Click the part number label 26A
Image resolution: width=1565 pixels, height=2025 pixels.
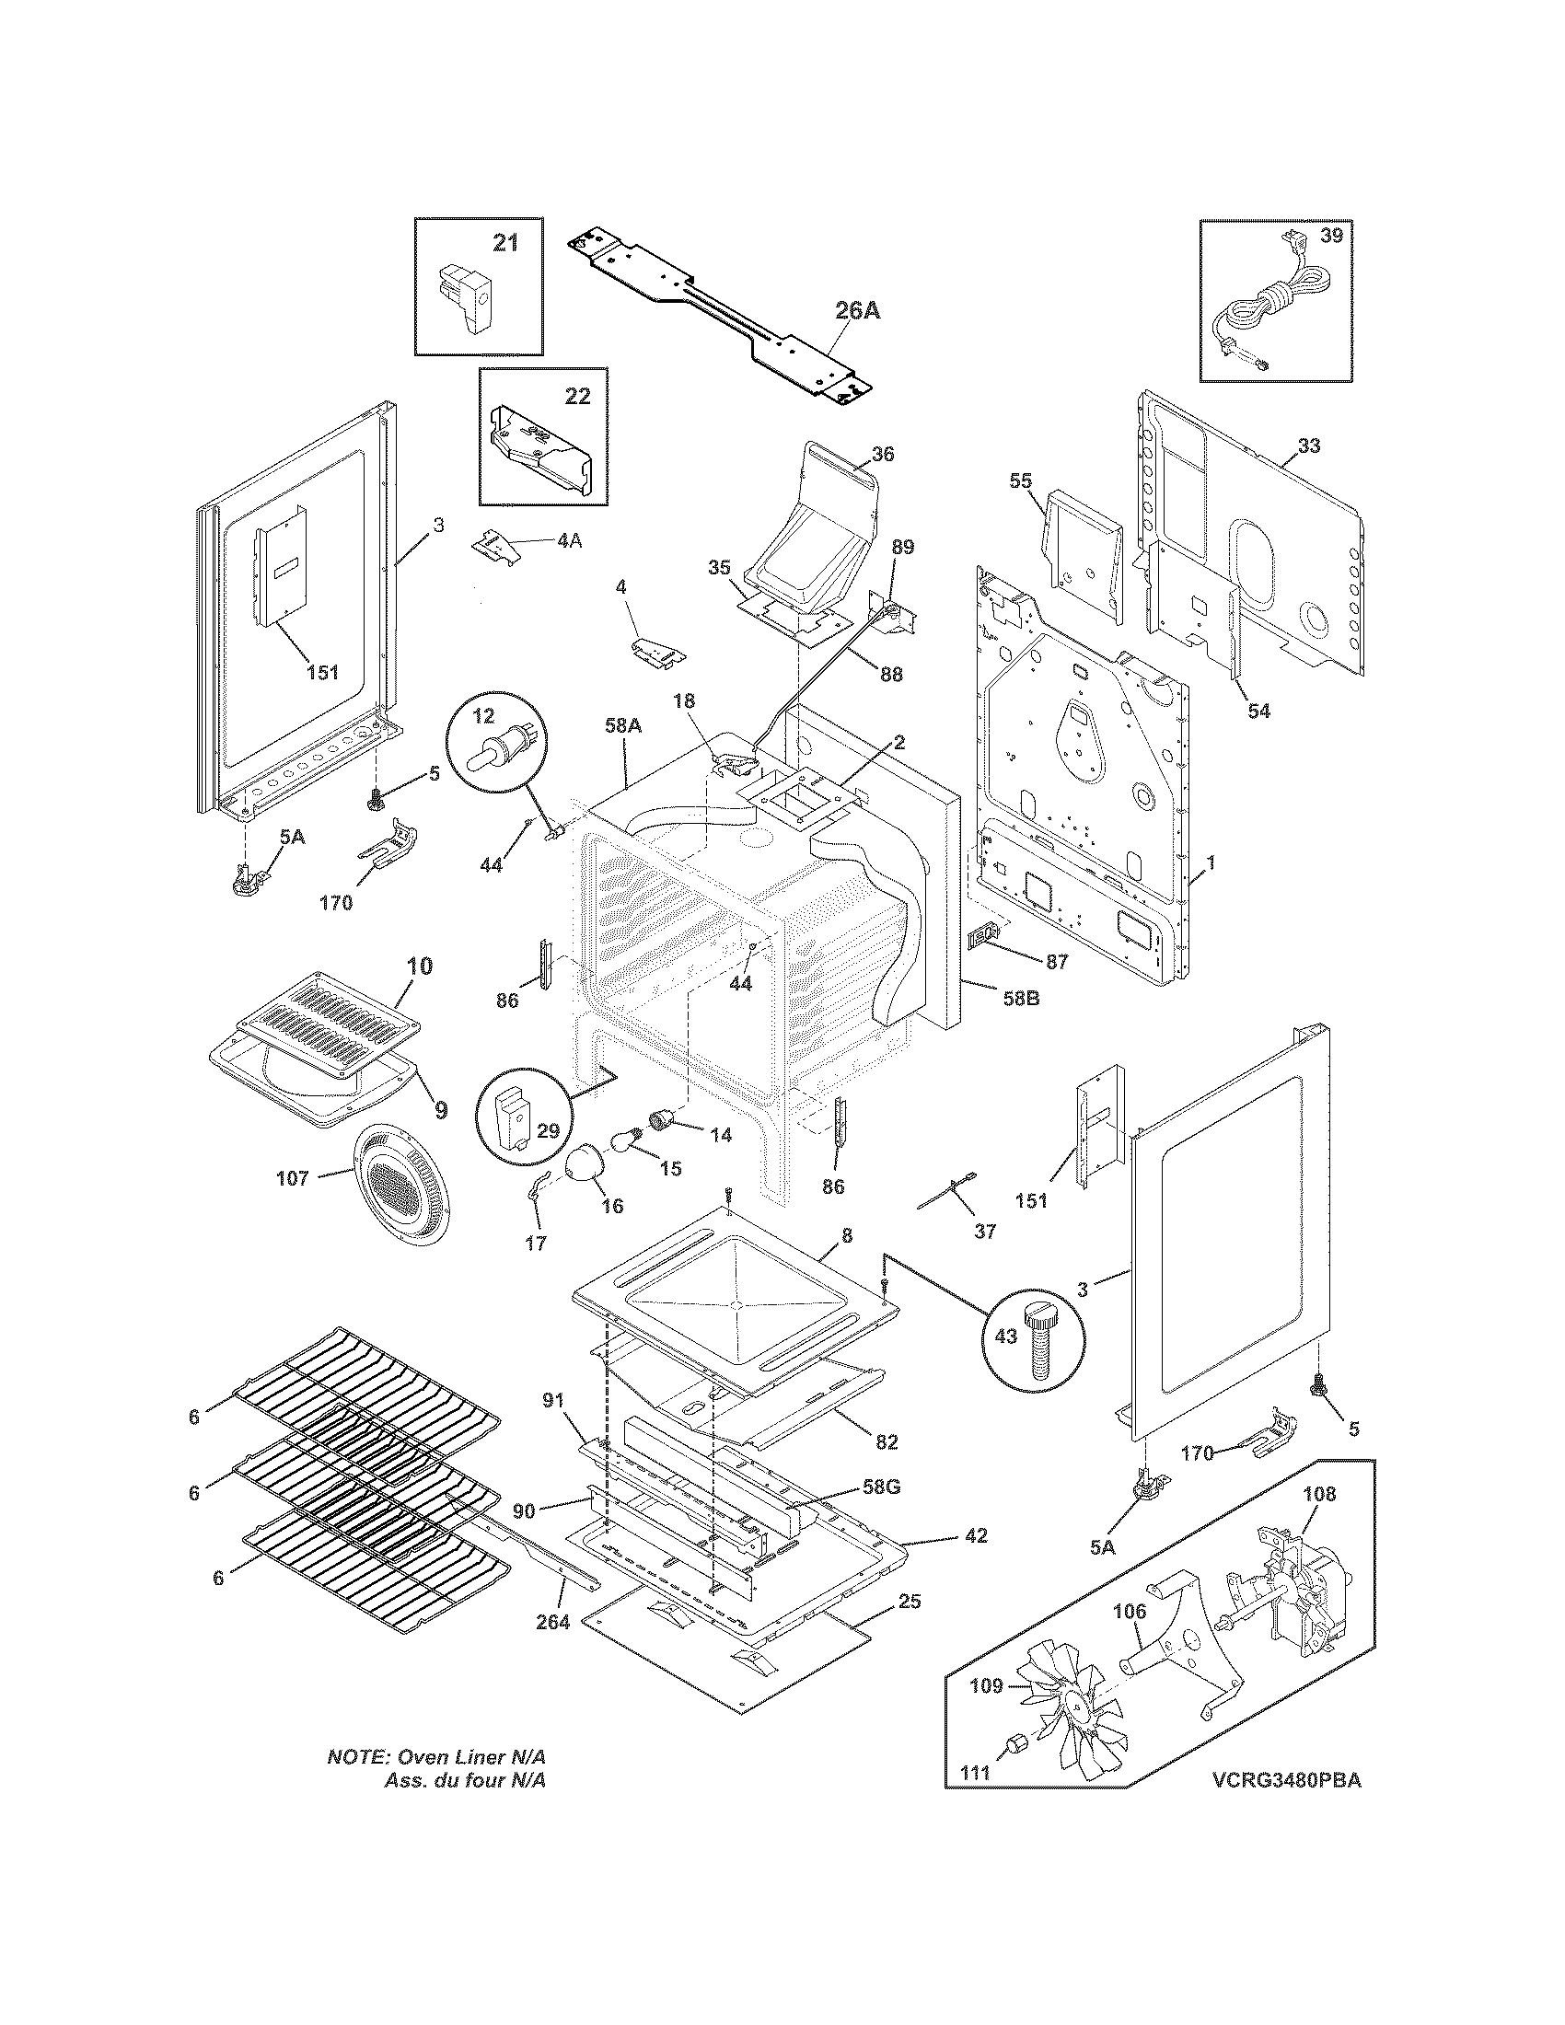[x=857, y=310]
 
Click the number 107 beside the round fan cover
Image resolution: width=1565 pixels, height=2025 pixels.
[x=293, y=1178]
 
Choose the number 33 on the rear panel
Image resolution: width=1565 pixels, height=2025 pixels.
[x=1308, y=446]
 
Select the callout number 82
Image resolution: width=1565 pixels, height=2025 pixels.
[x=887, y=1441]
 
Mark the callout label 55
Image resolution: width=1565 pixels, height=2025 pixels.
[x=1020, y=480]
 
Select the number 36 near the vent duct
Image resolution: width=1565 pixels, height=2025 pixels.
[x=883, y=455]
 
